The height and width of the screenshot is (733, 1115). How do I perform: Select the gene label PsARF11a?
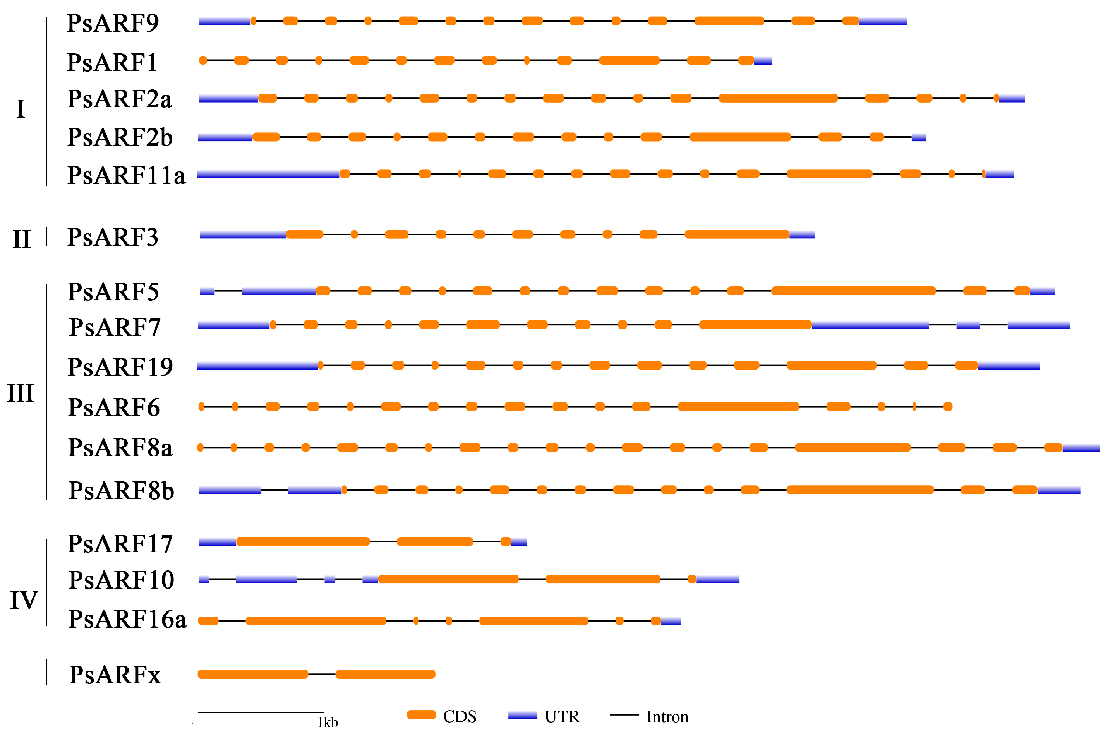pyautogui.click(x=126, y=176)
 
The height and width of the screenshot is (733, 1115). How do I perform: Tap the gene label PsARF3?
pyautogui.click(x=113, y=238)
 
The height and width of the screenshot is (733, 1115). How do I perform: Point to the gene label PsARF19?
pyautogui.click(x=120, y=367)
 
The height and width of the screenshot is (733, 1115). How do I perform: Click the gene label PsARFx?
pyautogui.click(x=115, y=675)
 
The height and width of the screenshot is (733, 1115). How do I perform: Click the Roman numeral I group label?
pyautogui.click(x=21, y=109)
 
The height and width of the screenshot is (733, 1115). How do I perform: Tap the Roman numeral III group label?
pyautogui.click(x=21, y=393)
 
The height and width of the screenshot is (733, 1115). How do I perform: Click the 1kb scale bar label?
pyautogui.click(x=328, y=722)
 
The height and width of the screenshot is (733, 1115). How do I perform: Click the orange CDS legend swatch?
pyautogui.click(x=421, y=715)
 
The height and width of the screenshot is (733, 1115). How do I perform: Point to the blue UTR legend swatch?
pyautogui.click(x=522, y=715)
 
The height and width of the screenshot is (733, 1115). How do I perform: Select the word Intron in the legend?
pyautogui.click(x=667, y=717)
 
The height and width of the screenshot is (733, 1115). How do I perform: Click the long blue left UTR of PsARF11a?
pyautogui.click(x=268, y=174)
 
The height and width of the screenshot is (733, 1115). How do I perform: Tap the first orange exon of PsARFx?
pyautogui.click(x=253, y=675)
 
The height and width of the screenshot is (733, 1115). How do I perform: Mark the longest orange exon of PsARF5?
pyautogui.click(x=853, y=291)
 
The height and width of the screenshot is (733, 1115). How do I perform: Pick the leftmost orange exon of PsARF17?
pyautogui.click(x=303, y=542)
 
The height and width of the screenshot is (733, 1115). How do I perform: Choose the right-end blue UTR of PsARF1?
pyautogui.click(x=763, y=60)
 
